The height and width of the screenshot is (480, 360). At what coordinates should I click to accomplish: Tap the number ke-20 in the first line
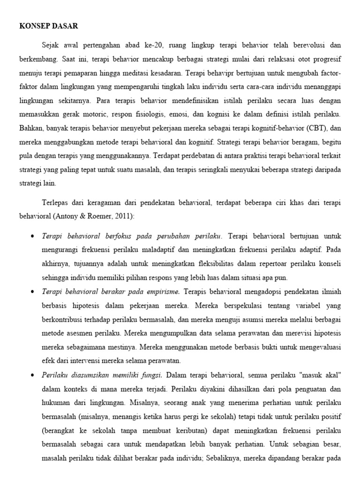149,45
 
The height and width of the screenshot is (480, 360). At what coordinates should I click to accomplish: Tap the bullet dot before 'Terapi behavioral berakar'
32,292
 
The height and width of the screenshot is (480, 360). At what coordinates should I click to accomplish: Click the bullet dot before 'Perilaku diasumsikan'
32,375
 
